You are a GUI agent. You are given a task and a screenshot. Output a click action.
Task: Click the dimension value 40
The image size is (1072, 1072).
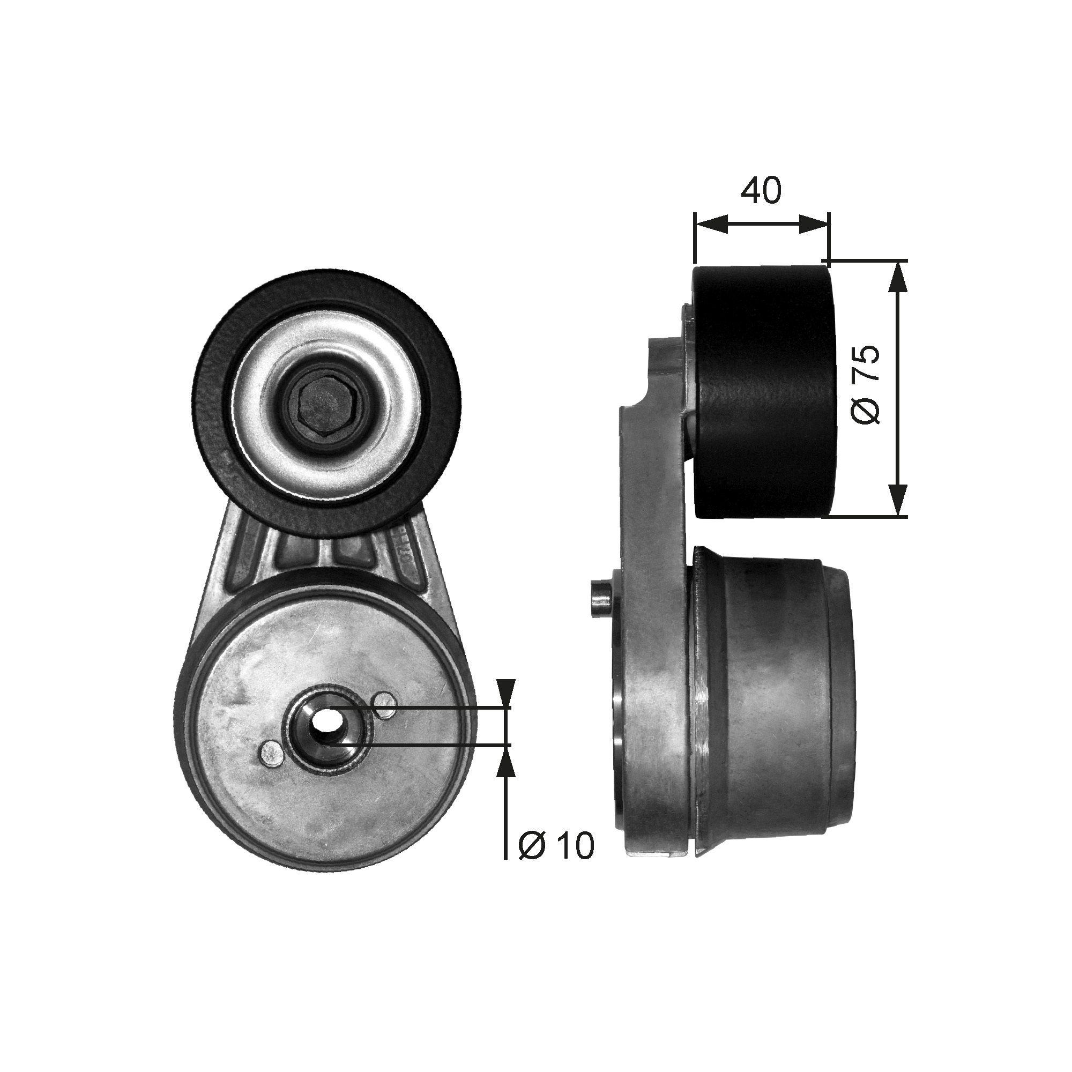tap(761, 190)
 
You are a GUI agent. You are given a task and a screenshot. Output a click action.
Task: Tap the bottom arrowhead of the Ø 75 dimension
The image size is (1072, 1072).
tap(898, 500)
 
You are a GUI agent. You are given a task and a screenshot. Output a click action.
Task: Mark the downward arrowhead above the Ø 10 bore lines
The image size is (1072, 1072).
tap(504, 694)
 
